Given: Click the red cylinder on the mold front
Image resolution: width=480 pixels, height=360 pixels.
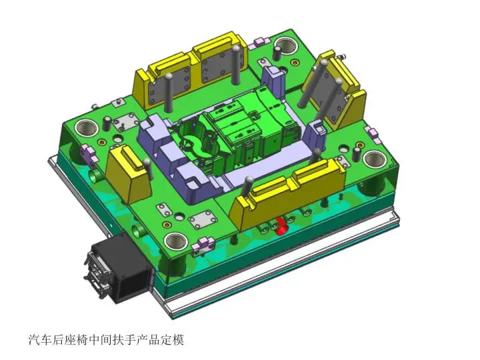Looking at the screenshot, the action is tap(282, 227).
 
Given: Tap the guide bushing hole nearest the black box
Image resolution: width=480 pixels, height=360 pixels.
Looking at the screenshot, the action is tap(176, 241).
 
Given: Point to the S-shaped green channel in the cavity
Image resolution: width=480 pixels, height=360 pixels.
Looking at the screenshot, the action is tap(193, 143).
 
